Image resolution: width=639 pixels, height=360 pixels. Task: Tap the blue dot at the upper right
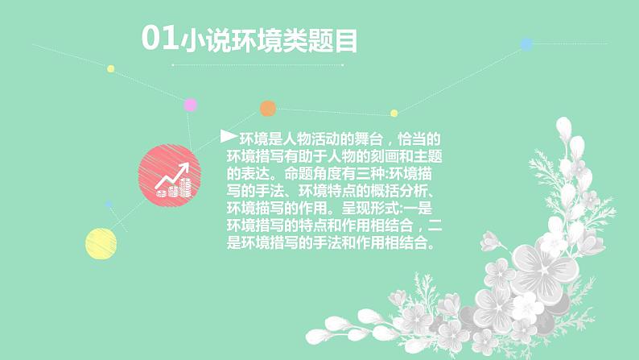point(526,43)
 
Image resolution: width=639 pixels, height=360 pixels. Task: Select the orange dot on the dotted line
point(268,109)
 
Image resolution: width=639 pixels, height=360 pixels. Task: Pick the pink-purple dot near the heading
point(191,104)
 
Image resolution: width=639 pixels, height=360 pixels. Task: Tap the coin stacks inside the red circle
point(176,189)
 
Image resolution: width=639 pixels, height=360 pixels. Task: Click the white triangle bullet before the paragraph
point(228,137)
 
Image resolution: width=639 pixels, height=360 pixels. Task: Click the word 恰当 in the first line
point(414,139)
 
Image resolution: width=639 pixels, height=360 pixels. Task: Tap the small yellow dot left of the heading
point(111,68)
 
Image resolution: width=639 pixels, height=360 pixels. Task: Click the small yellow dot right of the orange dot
point(394,113)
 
